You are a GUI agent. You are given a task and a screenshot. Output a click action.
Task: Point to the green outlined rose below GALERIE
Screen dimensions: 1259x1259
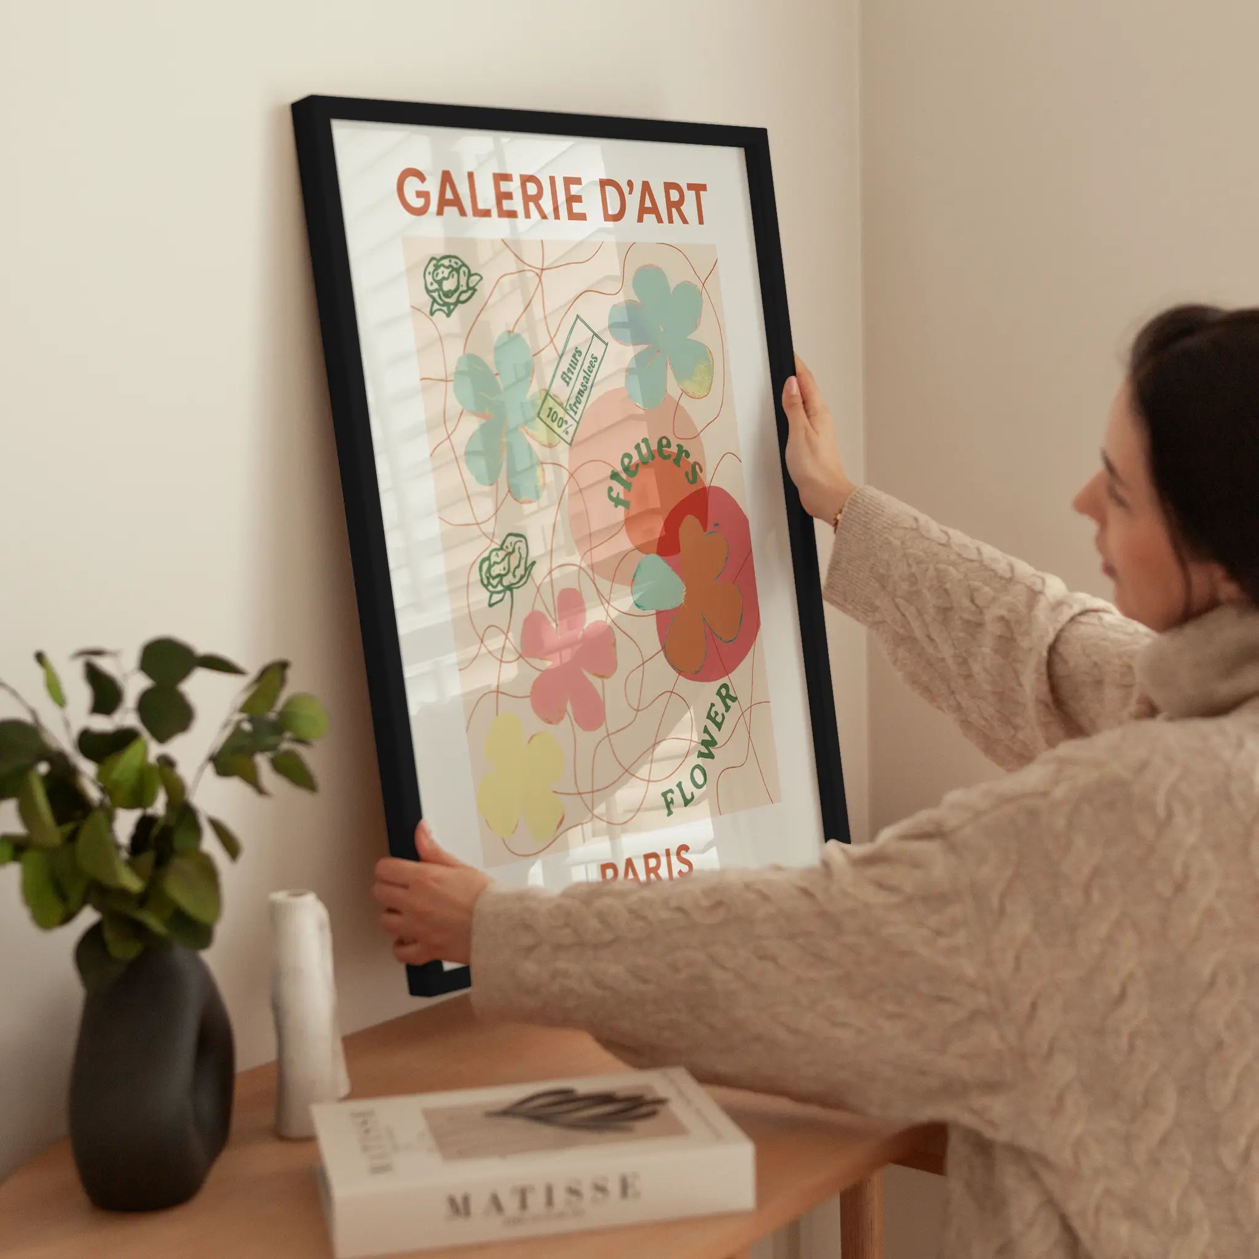449,284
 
